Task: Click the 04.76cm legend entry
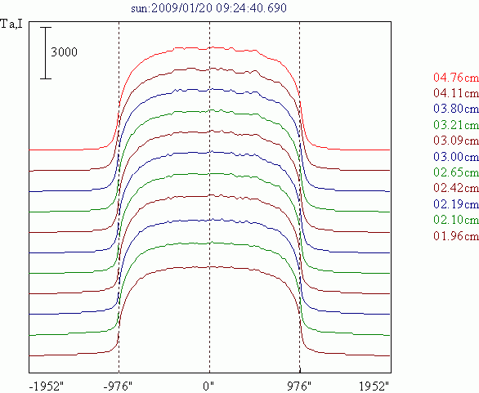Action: (456, 78)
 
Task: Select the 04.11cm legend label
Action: (456, 93)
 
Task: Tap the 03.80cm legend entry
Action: (456, 109)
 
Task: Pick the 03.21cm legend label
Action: (456, 124)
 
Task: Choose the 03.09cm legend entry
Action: (456, 141)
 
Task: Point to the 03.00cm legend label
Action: (456, 156)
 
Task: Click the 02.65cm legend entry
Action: (456, 172)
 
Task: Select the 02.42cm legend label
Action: (456, 188)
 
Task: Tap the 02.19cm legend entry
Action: (456, 203)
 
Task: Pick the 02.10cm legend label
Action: (456, 220)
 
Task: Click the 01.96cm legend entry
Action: (456, 236)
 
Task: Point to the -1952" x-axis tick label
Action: (46, 386)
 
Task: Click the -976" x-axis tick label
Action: (118, 386)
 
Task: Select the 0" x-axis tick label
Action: (208, 386)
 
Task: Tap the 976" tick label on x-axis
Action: (298, 386)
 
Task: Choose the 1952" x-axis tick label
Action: (374, 386)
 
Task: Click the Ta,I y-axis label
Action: (11, 24)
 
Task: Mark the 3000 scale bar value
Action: (64, 52)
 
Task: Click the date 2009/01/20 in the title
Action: (181, 7)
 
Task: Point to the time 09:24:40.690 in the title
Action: (252, 7)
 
